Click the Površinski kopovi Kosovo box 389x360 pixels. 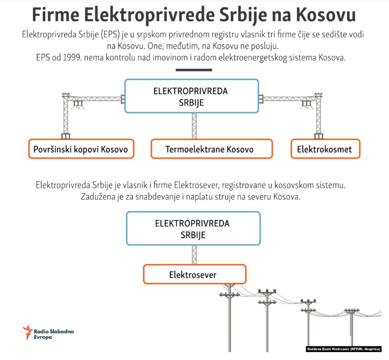tap(81, 149)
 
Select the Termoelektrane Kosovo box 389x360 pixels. tap(212, 149)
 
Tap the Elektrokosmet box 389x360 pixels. tap(325, 149)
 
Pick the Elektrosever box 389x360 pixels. tap(194, 274)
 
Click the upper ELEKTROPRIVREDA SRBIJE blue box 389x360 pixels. tap(192, 96)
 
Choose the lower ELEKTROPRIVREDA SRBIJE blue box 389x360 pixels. tap(193, 228)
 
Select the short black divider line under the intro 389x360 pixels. tap(194, 70)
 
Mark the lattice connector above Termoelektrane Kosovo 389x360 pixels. tap(194, 126)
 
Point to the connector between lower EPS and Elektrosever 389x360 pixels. tap(194, 255)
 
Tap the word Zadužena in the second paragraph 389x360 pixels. tap(98, 197)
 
